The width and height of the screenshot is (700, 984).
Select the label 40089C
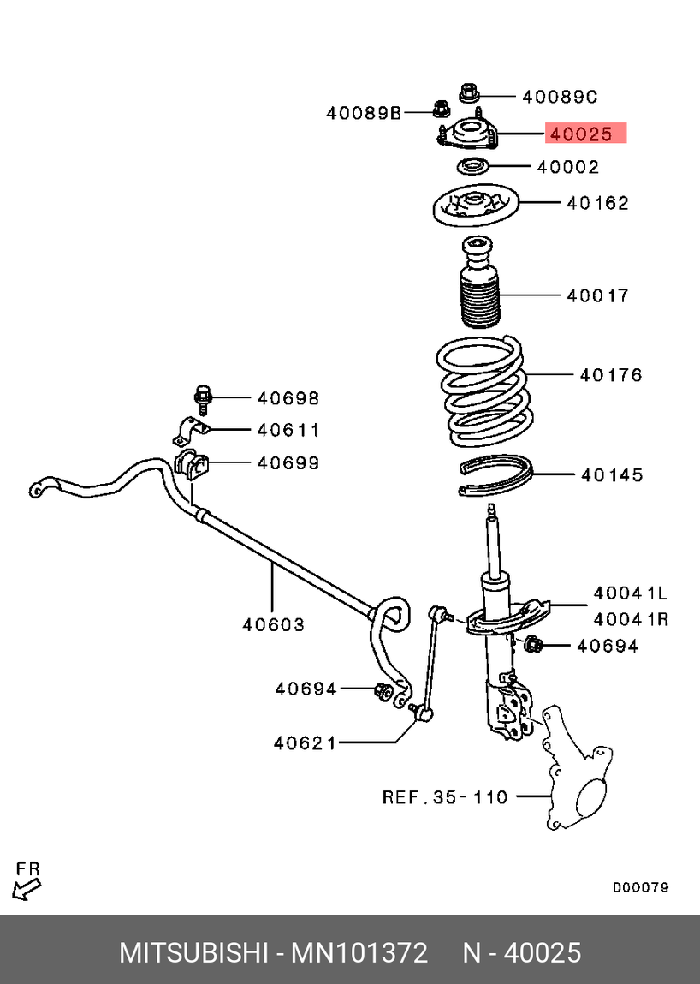click(560, 97)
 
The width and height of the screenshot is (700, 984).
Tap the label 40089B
click(364, 112)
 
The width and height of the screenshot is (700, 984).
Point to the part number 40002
click(568, 167)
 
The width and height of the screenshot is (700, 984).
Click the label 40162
click(597, 203)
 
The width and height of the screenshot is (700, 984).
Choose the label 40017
click(597, 295)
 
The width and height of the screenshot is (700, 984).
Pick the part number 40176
click(611, 374)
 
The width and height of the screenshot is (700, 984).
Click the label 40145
click(611, 474)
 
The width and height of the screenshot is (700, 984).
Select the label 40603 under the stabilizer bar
click(273, 624)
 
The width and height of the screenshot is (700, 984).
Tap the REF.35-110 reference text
click(445, 797)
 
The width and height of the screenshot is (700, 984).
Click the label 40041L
click(630, 593)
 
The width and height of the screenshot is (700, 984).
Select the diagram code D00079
click(640, 887)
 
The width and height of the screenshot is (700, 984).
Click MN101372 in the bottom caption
click(359, 952)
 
